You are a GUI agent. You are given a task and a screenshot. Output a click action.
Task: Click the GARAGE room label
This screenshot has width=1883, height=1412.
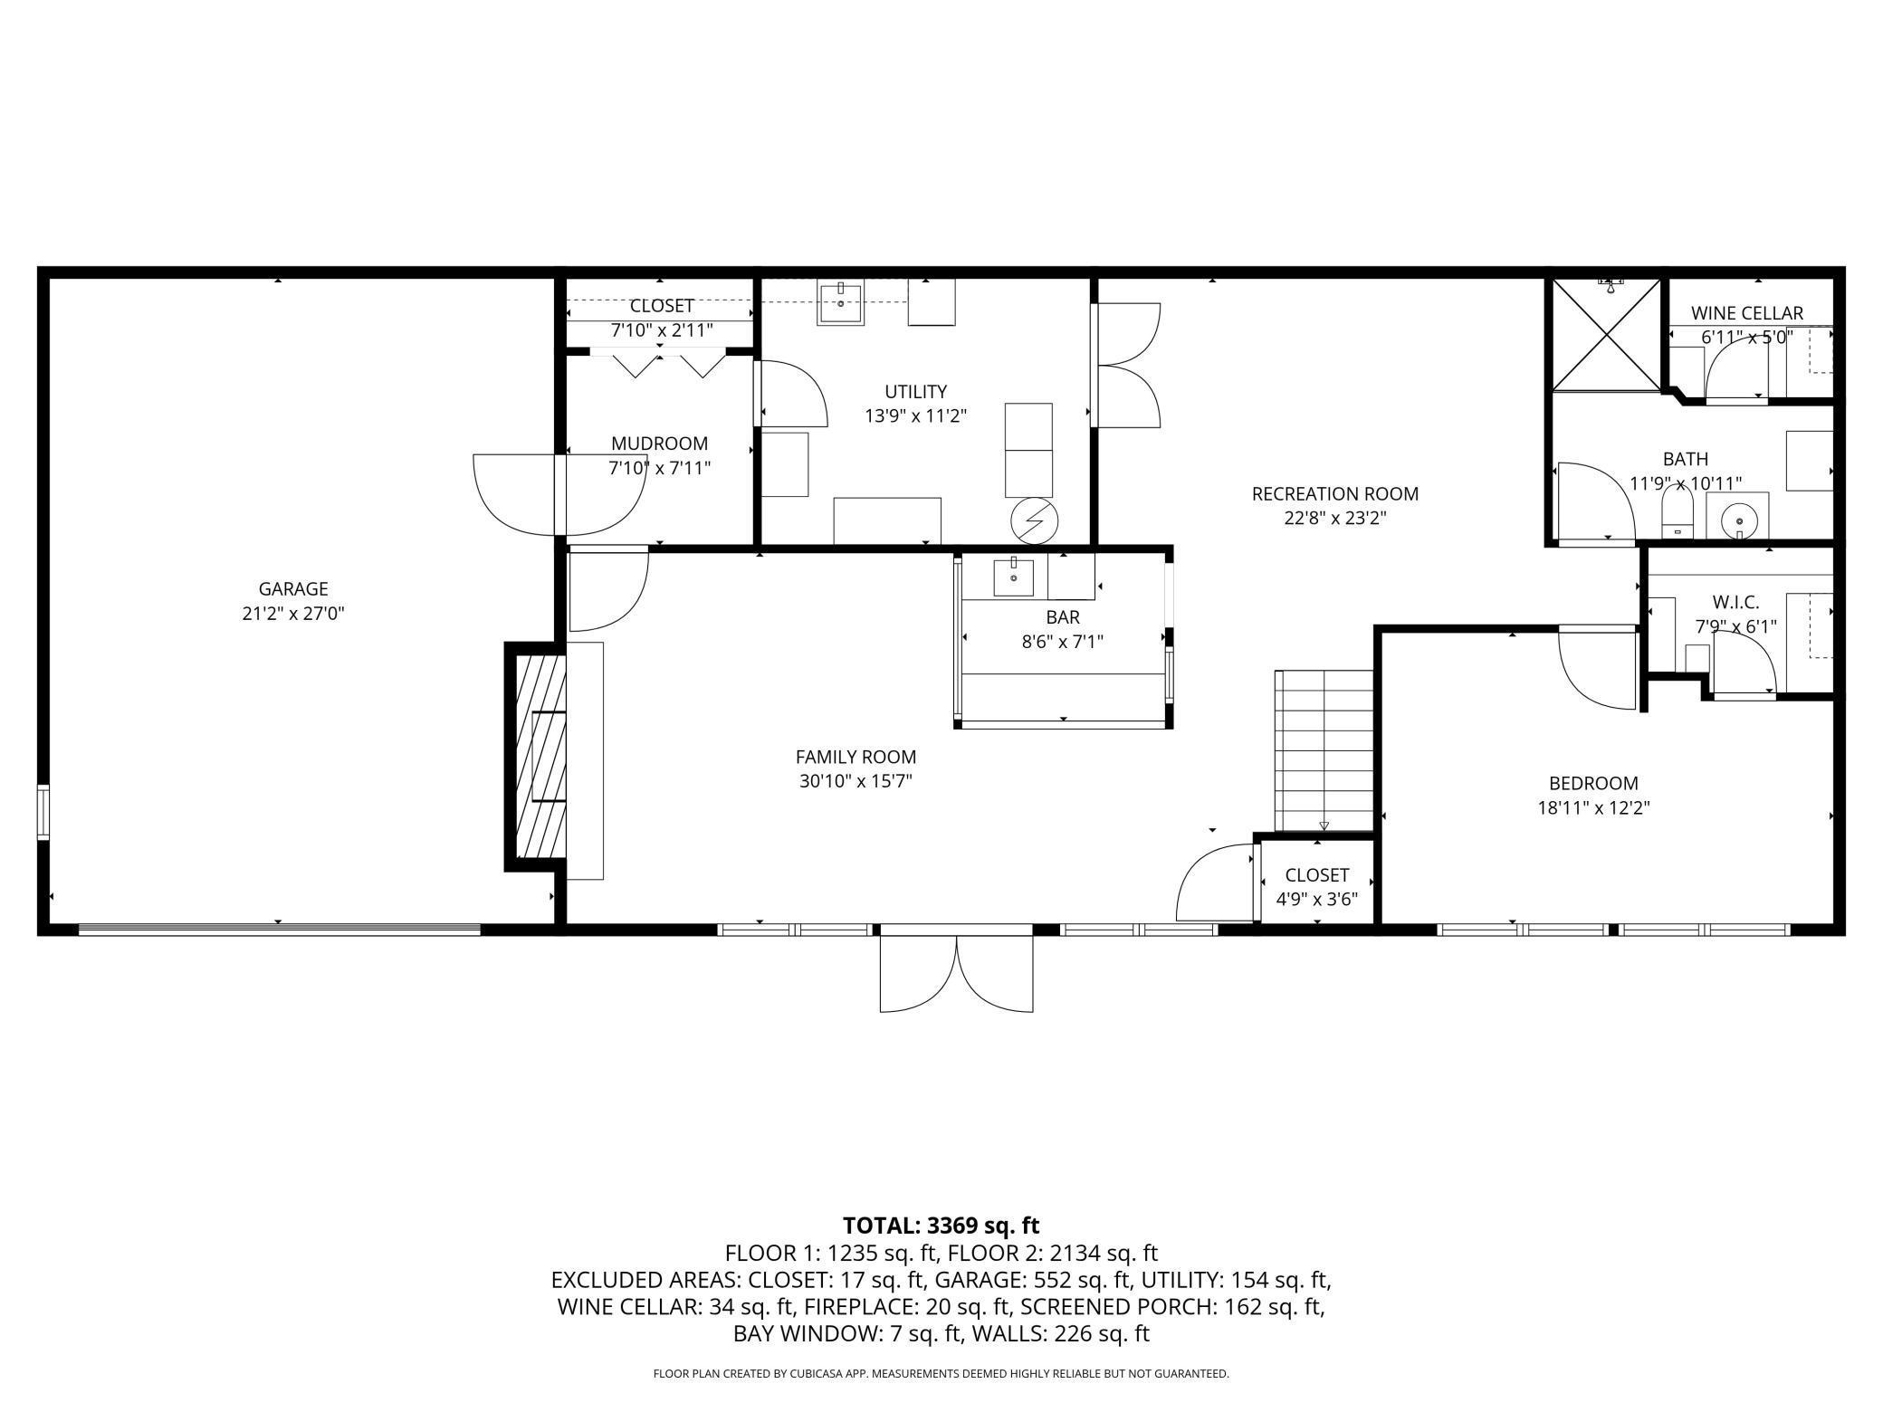[x=292, y=589]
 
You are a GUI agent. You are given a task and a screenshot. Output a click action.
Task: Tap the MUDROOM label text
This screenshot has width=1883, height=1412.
[x=659, y=444]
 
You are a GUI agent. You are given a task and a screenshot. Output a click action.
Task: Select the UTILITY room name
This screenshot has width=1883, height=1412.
[x=916, y=392]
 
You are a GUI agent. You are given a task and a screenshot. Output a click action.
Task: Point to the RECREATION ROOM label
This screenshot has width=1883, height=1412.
[x=1335, y=494]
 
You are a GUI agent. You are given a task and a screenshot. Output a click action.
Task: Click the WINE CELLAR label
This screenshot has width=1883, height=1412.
[x=1747, y=313]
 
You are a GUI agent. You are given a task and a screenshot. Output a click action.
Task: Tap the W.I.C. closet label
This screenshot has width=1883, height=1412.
[x=1736, y=602]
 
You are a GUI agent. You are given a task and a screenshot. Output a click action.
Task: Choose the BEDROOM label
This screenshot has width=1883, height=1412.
[x=1594, y=783]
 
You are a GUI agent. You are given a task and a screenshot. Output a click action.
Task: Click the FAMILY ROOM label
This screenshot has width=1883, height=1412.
[x=855, y=757]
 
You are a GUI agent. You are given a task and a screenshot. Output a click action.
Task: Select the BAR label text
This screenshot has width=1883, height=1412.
[x=1063, y=617]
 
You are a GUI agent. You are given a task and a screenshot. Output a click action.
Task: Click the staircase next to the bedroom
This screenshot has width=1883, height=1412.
[x=1324, y=750]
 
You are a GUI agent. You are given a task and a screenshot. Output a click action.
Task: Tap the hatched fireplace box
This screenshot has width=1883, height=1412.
[x=540, y=756]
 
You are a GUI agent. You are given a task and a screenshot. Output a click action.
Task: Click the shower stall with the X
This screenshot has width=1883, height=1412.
[x=1607, y=335]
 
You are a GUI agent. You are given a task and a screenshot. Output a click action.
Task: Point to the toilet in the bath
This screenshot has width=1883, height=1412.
[x=1677, y=513]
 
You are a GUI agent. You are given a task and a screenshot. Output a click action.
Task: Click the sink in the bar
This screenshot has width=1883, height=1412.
[x=1014, y=576]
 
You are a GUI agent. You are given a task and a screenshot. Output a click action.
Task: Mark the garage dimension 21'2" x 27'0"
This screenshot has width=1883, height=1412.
[x=292, y=614]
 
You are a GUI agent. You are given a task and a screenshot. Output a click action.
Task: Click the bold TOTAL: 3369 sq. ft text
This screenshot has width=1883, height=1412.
[x=941, y=1226]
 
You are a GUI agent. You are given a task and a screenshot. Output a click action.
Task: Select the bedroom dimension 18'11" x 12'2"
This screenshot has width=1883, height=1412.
[x=1594, y=807]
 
